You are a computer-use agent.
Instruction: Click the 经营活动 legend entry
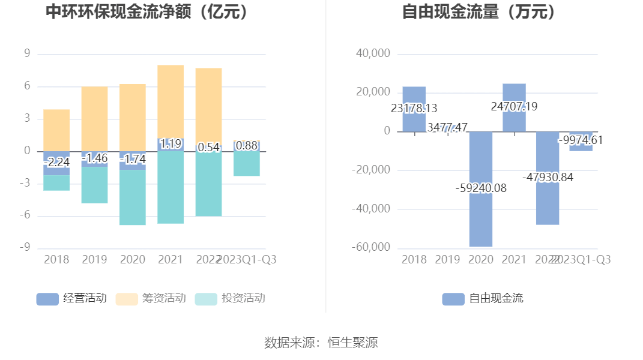tap(72, 298)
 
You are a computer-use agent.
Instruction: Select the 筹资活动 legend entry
tap(151, 298)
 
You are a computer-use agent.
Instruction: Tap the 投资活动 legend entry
tap(231, 298)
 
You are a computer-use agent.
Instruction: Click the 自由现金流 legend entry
tap(483, 298)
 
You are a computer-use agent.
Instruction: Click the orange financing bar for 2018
tap(56, 130)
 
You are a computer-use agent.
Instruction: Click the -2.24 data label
tap(56, 162)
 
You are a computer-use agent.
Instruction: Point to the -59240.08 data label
tap(481, 188)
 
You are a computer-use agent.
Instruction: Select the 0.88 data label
tap(247, 145)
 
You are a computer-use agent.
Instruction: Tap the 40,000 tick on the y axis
tap(373, 54)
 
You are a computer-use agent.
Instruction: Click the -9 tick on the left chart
tap(26, 248)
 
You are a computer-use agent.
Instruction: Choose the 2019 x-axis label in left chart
tap(94, 260)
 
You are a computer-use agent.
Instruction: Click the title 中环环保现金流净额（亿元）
tap(148, 12)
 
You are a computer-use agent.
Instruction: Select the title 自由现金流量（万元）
tap(481, 12)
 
